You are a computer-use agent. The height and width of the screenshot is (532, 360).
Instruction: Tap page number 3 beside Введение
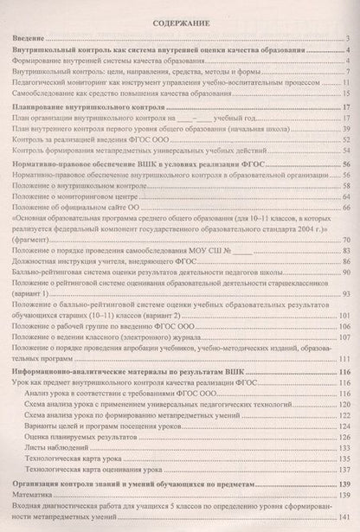pyautogui.click(x=345, y=39)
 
